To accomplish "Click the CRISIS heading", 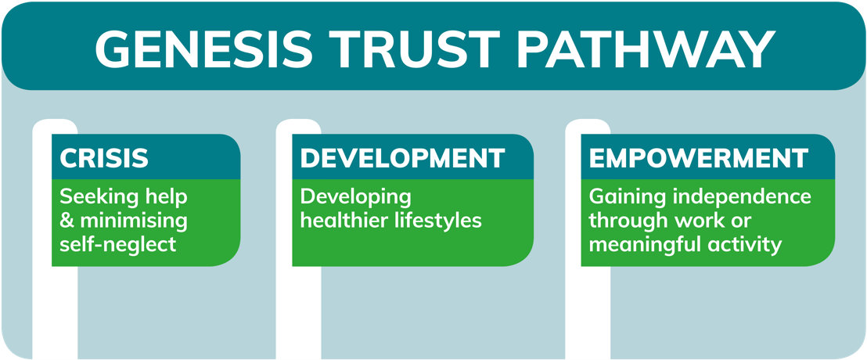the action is click(104, 157).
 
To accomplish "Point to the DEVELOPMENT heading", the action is click(402, 157).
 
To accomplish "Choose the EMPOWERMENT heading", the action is click(699, 157).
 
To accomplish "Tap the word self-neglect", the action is click(118, 244).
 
